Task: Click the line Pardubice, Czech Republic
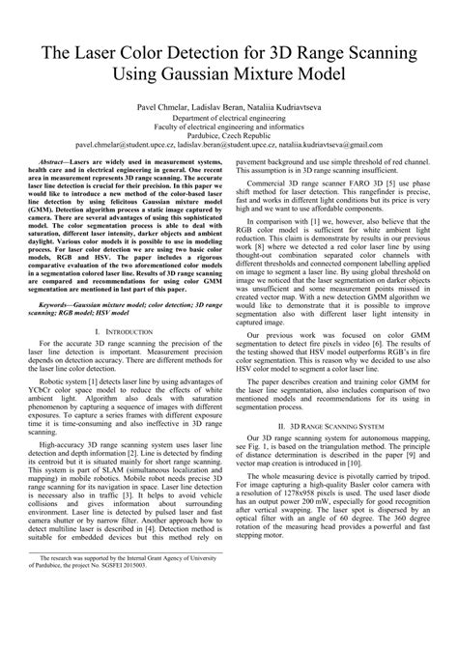[229, 135]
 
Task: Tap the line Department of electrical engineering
[229, 116]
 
